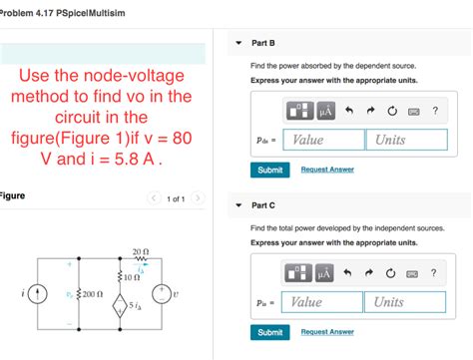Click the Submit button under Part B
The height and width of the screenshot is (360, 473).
269,170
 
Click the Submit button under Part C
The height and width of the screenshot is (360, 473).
269,332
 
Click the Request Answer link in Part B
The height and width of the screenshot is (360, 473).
327,170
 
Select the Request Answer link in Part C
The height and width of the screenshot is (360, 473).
327,332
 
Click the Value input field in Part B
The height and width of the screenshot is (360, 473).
322,141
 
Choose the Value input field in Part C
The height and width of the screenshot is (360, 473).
322,302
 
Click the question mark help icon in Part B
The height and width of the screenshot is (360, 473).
435,111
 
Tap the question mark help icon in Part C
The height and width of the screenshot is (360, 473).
433,272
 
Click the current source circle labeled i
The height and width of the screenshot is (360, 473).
38,295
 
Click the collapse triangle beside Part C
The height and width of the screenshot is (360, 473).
238,205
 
